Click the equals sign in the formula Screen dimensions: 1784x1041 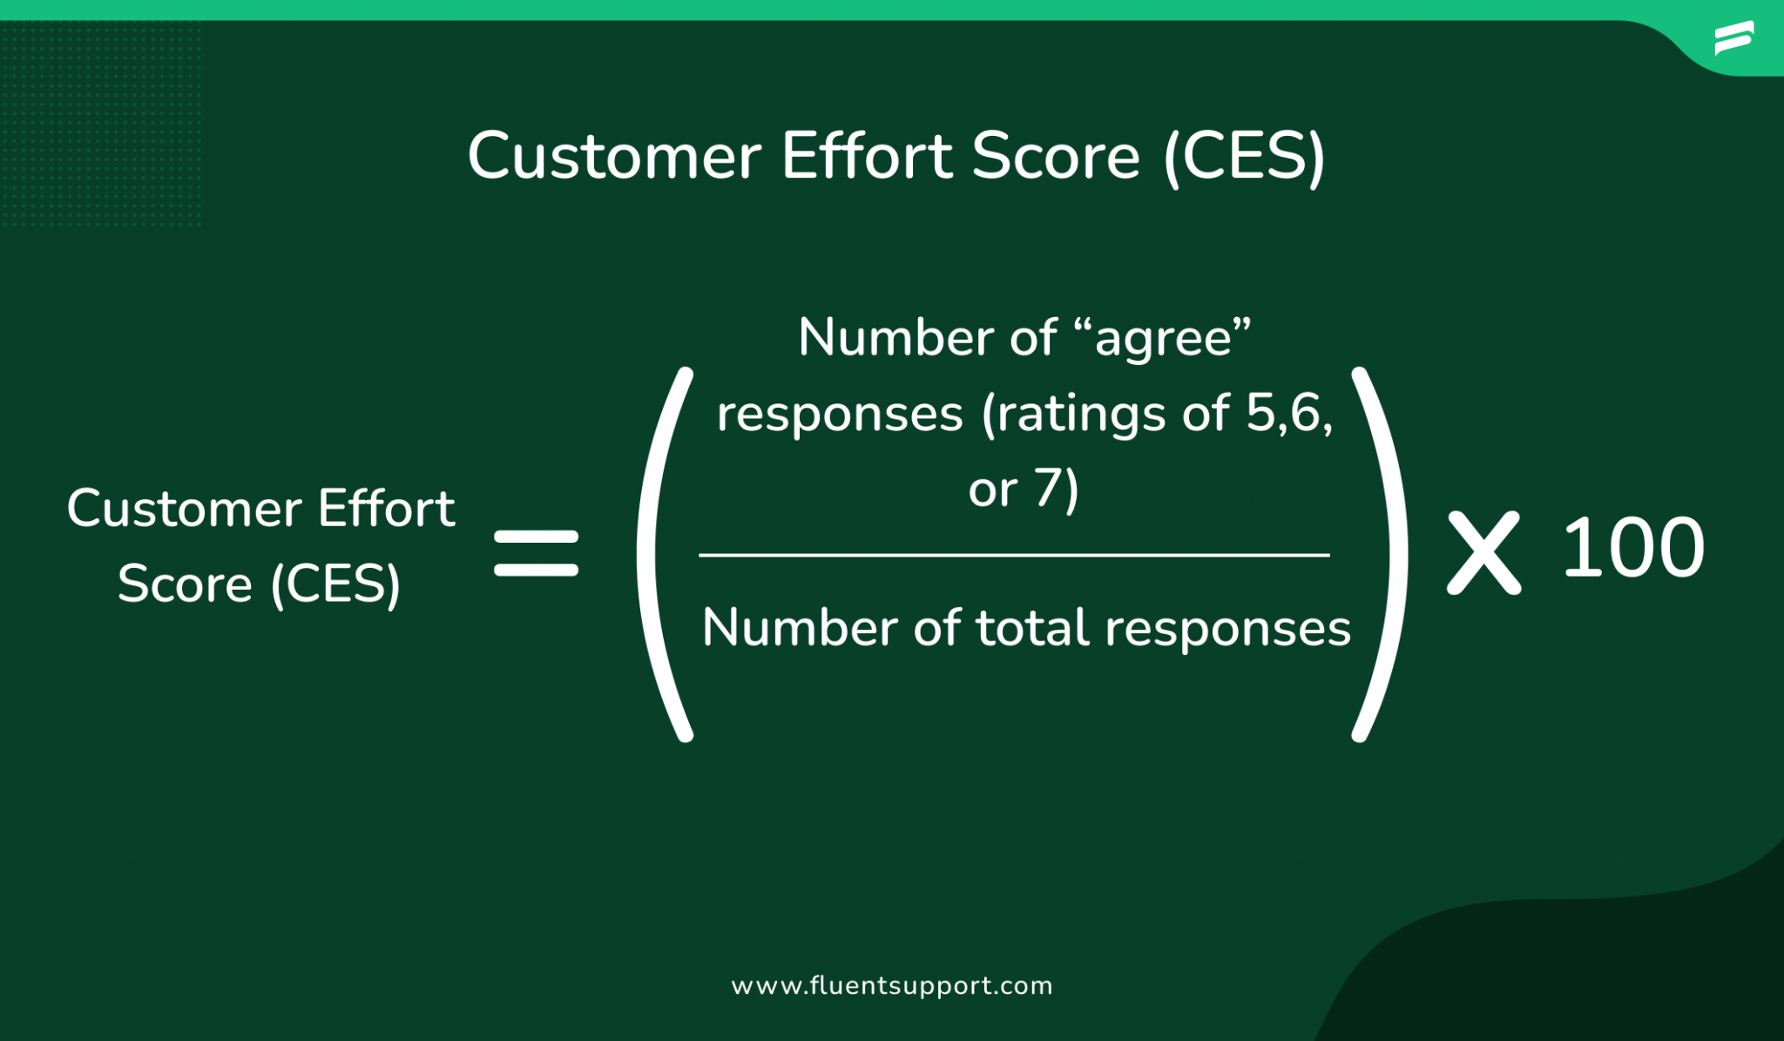click(536, 553)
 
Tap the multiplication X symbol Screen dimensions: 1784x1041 click(1483, 553)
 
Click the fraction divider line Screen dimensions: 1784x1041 click(1014, 554)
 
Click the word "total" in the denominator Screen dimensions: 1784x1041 click(1032, 627)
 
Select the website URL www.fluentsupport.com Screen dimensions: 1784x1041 click(892, 985)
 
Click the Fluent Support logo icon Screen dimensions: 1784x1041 click(1733, 38)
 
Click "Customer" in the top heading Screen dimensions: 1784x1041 click(614, 157)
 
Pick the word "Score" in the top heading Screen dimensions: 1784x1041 click(1056, 157)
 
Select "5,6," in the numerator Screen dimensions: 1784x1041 click(1289, 414)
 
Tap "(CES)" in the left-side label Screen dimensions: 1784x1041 click(335, 585)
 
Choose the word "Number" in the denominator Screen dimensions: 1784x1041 click(801, 627)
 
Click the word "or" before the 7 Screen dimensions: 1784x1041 click(993, 490)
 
